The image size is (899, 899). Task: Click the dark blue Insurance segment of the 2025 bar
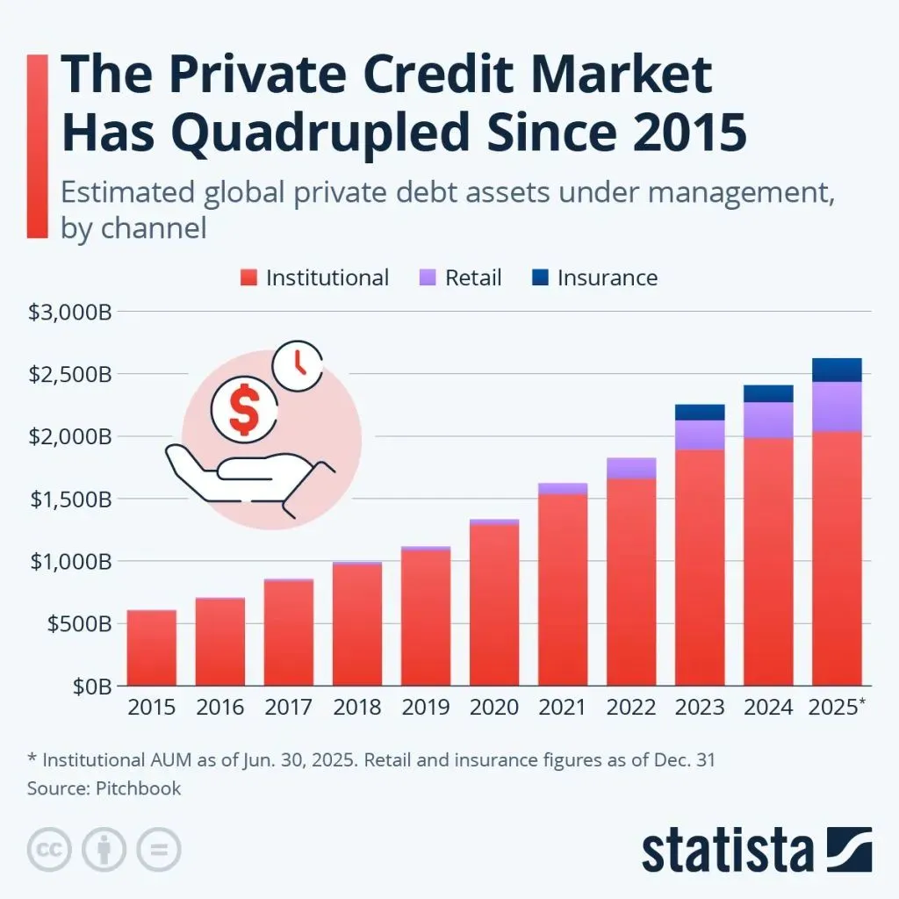point(836,370)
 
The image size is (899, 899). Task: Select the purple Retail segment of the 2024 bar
point(767,420)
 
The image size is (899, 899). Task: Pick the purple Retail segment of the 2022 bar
point(630,468)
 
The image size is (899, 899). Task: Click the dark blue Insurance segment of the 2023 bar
point(699,413)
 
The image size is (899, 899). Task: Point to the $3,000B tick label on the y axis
point(68,312)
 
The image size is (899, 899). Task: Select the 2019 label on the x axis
point(425,707)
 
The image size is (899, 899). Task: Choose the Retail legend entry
point(462,278)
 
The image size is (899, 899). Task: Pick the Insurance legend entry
point(594,278)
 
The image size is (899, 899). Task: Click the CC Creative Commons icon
point(50,850)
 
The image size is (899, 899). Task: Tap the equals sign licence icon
point(158,850)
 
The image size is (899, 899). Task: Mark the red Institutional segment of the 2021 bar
point(562,588)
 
